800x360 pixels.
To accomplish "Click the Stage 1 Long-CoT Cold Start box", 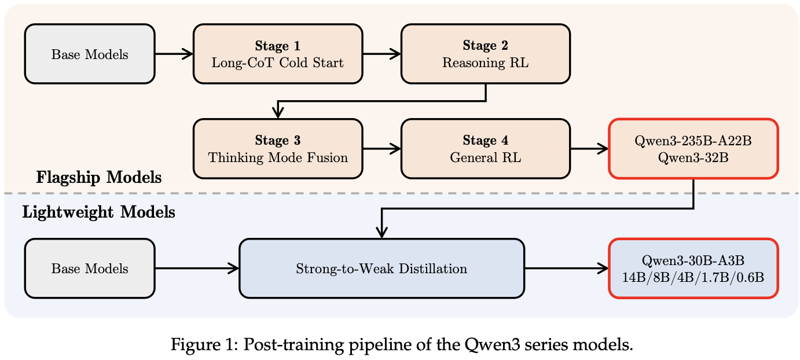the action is point(278,54).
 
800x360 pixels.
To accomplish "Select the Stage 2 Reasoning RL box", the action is point(486,54).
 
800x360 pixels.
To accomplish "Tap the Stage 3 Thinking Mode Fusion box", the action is point(278,149).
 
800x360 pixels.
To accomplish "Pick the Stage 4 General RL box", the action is point(486,149).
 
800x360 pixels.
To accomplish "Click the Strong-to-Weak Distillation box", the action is point(382,268).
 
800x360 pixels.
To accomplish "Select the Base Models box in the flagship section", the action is point(90,54).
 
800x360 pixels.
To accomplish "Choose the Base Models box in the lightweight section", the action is point(90,268).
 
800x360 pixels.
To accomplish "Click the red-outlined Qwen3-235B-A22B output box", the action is point(693,149).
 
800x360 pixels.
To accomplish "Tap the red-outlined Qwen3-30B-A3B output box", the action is point(693,268).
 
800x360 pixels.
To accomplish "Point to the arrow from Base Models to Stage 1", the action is point(174,54).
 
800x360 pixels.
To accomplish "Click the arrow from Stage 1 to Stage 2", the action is point(382,54).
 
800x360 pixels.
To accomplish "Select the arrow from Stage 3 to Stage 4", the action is point(382,149).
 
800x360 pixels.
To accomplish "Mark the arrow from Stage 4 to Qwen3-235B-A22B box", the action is point(589,149).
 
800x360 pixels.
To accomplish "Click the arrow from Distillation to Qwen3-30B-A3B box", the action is point(567,268).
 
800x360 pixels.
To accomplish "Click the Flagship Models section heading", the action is point(99,177).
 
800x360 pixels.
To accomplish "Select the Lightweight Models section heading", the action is point(99,212).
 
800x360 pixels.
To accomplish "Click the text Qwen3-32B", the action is point(693,157).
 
